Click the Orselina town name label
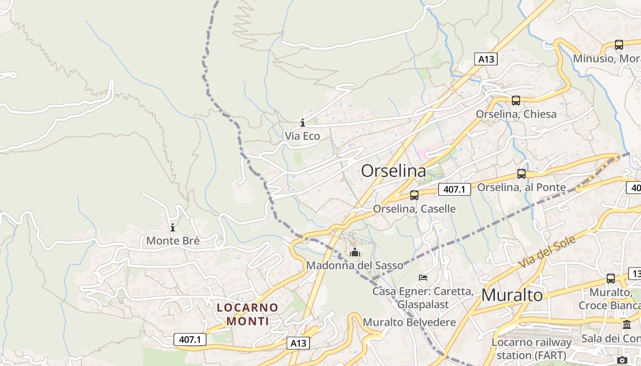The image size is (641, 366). (x=393, y=171)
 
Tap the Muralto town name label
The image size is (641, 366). (x=512, y=295)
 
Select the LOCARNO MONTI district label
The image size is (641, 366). (x=248, y=314)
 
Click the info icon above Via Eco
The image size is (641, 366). (x=302, y=123)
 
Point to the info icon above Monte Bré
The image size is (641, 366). (x=173, y=227)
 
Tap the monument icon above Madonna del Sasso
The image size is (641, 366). (x=355, y=252)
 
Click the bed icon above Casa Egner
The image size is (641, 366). (x=423, y=277)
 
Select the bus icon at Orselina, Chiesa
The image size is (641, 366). (x=516, y=100)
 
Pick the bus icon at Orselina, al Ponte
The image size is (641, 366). (x=521, y=173)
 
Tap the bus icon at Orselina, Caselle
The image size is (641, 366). (x=414, y=195)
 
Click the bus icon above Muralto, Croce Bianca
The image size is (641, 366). (x=611, y=278)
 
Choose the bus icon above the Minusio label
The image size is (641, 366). (x=619, y=45)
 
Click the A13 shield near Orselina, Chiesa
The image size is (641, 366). (x=485, y=59)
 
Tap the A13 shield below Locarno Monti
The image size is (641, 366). (x=298, y=343)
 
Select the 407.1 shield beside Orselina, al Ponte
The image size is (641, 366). (x=454, y=189)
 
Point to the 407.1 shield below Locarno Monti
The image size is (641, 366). (x=190, y=339)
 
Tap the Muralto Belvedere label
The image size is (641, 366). (x=409, y=322)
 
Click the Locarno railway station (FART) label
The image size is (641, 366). (x=532, y=349)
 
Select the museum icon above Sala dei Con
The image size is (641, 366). (x=627, y=324)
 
